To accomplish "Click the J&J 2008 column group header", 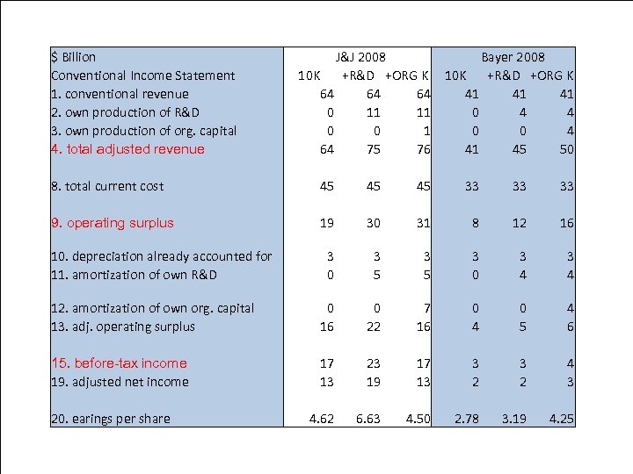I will click(360, 57).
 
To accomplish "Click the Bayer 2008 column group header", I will click(513, 57).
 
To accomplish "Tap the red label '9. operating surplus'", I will click(113, 223).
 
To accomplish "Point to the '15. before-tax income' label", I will click(119, 363).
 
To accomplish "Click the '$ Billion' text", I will click(74, 57).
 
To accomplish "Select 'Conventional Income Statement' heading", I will click(143, 75).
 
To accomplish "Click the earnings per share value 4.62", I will click(321, 419).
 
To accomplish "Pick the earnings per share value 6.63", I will click(368, 419).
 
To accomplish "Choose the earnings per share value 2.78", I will click(466, 419).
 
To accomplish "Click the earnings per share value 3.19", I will click(513, 419).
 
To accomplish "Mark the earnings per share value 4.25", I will click(560, 419).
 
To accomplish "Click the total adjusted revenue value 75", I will click(374, 149).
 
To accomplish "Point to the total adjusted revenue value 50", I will click(566, 149).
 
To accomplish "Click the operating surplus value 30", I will click(374, 223).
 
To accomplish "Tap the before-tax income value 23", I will click(374, 363).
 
